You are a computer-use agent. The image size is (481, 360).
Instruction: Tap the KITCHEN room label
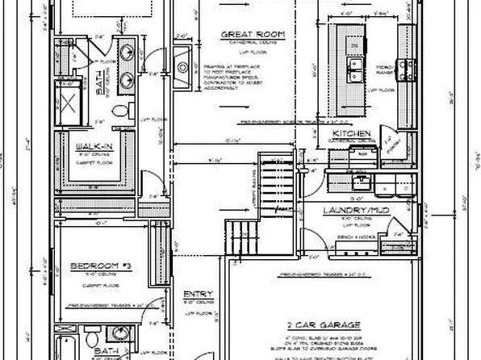(352, 133)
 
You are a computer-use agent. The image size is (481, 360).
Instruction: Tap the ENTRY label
(198, 294)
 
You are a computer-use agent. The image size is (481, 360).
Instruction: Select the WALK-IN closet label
(94, 146)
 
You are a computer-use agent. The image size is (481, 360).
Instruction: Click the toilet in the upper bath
(119, 110)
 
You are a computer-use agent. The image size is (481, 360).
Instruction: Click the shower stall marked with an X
(69, 103)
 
